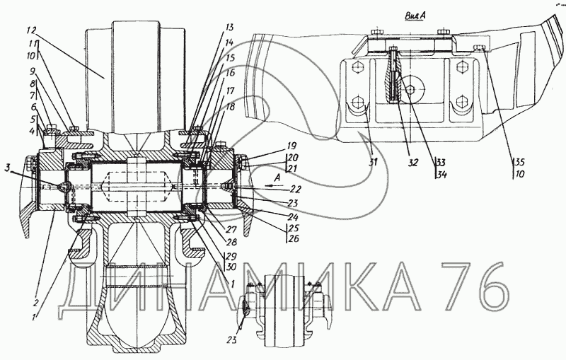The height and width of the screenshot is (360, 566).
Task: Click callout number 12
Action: click(x=32, y=30)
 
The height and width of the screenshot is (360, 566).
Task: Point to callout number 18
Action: click(x=231, y=107)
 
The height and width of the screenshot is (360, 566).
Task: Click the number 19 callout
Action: click(x=291, y=146)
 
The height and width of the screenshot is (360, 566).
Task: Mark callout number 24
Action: click(x=292, y=217)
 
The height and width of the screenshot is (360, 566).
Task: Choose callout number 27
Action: click(x=231, y=230)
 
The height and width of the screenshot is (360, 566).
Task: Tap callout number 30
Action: click(x=232, y=267)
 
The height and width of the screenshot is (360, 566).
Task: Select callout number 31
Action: click(x=373, y=162)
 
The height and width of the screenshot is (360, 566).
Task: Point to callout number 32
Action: click(x=412, y=163)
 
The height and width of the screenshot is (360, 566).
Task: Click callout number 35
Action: click(x=519, y=162)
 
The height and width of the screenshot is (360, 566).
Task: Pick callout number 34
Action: click(x=441, y=175)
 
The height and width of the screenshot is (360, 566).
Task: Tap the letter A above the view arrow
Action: click(x=277, y=177)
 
